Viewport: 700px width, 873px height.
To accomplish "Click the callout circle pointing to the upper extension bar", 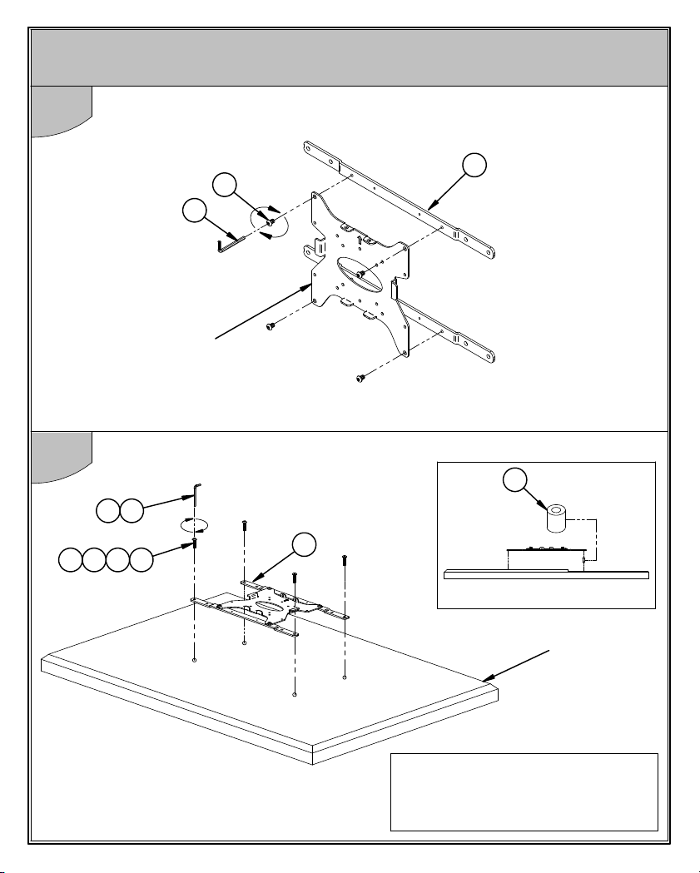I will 474,166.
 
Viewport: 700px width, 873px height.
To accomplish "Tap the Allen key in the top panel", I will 228,241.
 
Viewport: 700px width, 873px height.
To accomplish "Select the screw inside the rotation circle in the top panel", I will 271,221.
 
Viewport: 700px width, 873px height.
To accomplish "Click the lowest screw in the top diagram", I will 360,379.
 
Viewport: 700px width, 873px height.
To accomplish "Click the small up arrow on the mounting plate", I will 359,240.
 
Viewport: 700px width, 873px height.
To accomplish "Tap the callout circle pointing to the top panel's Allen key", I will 194,211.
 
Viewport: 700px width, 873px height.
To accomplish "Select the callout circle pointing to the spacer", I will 516,482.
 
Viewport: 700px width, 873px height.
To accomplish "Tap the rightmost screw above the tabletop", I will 344,562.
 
